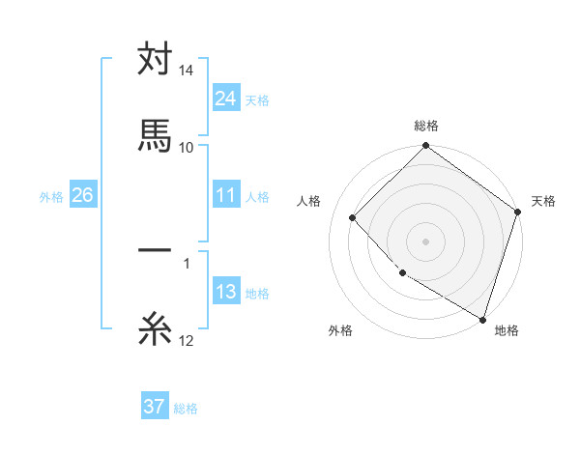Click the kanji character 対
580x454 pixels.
point(155,61)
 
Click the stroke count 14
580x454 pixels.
point(187,71)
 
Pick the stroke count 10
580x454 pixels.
point(187,147)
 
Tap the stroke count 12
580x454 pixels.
point(187,340)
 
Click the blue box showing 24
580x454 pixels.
point(225,99)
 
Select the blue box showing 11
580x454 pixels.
point(225,196)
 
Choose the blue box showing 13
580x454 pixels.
point(225,293)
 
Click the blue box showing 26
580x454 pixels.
point(82,196)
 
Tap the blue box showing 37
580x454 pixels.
point(155,407)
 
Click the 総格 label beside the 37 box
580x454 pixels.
point(186,409)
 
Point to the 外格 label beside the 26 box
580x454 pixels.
point(51,197)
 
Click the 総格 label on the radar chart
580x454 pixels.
point(426,126)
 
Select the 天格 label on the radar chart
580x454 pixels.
point(543,201)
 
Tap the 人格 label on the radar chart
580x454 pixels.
point(309,201)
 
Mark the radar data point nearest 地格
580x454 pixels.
point(482,318)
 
